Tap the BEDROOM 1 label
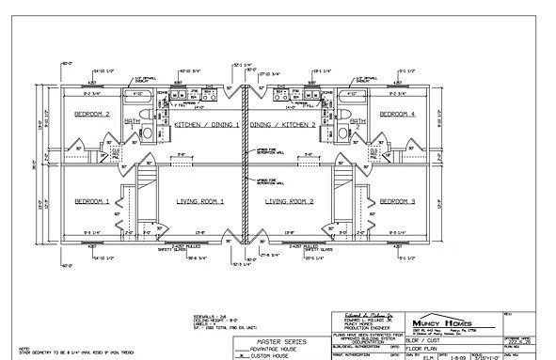pos(93,201)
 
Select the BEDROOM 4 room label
pos(399,115)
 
